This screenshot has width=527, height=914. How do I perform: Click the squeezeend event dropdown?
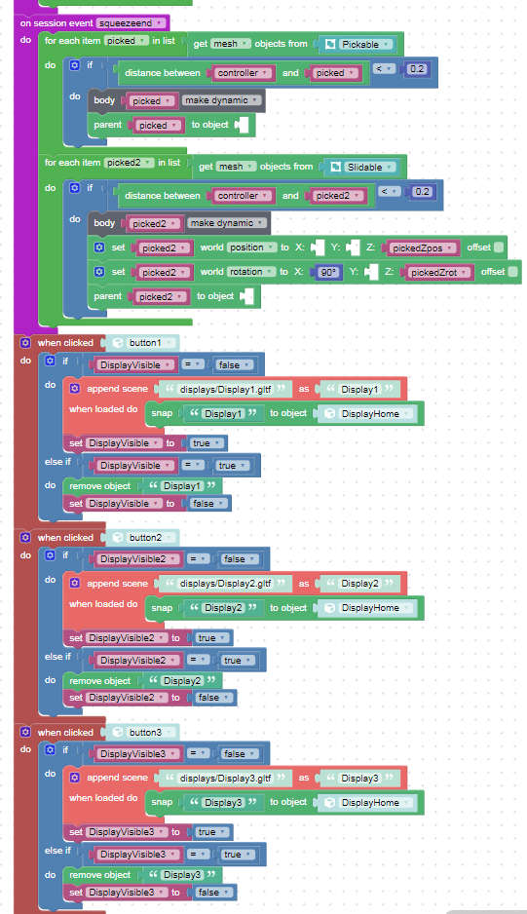coord(132,23)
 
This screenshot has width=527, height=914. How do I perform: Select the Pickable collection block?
coord(358,44)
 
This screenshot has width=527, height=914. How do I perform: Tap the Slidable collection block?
coord(361,168)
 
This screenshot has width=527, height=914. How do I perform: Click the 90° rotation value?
coord(329,272)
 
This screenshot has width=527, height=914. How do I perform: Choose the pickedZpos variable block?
coord(421,248)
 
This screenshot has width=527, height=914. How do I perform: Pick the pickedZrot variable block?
coord(436,272)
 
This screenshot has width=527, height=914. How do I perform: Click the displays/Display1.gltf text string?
coord(225,389)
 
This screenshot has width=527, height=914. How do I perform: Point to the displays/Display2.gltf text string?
coord(225,584)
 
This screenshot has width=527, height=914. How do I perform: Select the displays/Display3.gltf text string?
coord(225,779)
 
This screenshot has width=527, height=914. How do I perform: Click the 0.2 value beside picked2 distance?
coord(422,192)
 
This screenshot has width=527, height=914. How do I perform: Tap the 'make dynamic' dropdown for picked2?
coord(228,223)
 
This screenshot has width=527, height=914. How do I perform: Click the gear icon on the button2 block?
coord(25,538)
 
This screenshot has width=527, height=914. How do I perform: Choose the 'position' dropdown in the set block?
coord(251,248)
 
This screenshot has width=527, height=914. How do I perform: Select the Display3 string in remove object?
coord(182,875)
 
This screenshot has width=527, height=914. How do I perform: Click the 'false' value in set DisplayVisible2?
coord(211,698)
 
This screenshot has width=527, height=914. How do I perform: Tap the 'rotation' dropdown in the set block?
coord(251,272)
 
